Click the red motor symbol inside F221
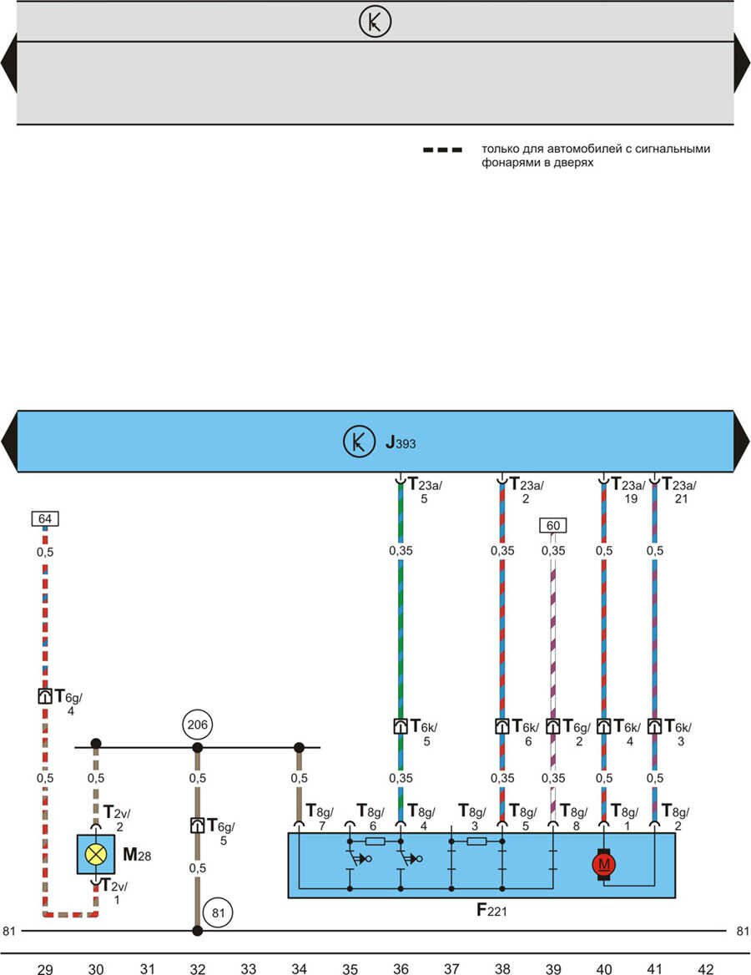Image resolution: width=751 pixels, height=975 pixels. tap(603, 864)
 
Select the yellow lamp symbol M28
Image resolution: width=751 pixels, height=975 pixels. tap(96, 853)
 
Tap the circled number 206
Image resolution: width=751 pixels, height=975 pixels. tap(198, 723)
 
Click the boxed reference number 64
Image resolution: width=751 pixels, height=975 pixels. tap(45, 519)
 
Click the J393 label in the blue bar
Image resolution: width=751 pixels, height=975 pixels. tap(401, 442)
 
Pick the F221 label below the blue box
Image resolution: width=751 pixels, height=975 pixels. tap(492, 909)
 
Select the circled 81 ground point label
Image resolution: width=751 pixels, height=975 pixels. tap(219, 912)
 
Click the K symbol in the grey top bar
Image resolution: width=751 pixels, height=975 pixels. tap(375, 22)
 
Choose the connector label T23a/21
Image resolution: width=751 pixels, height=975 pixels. tap(679, 489)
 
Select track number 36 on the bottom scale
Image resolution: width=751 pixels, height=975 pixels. tap(401, 967)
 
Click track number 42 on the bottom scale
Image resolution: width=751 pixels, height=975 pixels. tap(705, 967)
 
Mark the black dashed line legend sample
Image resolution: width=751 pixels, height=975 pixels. tap(441, 150)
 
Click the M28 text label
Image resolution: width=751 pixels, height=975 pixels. tap(137, 855)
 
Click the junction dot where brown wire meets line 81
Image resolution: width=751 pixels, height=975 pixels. tap(198, 930)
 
